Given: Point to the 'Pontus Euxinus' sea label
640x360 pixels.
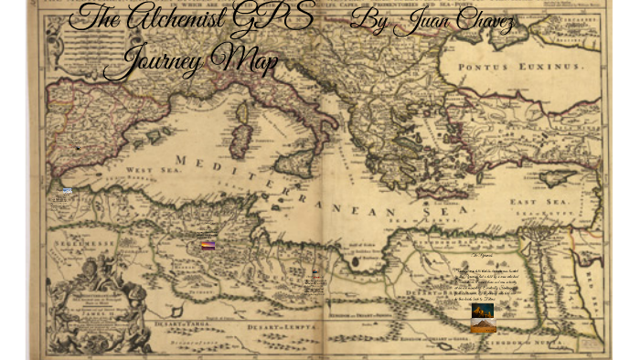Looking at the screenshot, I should coord(519,68).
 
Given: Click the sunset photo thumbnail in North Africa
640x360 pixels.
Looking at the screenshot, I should coord(208,244).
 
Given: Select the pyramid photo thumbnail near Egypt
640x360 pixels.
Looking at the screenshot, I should coord(484,325).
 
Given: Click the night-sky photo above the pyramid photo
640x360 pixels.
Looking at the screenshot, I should coord(482,311).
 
